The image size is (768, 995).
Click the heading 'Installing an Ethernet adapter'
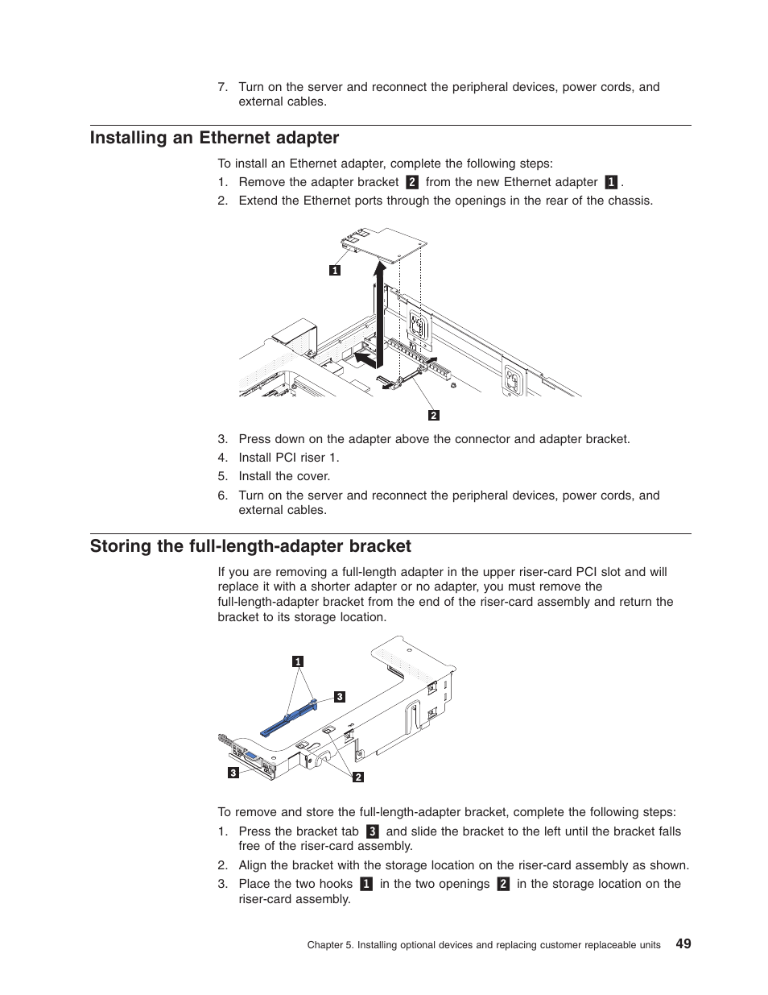[214, 138]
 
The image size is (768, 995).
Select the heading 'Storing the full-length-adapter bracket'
[250, 546]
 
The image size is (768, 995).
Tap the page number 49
[683, 943]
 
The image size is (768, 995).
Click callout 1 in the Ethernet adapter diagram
[335, 271]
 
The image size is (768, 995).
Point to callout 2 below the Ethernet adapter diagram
[434, 416]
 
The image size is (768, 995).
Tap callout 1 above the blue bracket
[298, 661]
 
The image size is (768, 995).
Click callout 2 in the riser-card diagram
[358, 777]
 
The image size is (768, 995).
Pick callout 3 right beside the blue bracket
[340, 697]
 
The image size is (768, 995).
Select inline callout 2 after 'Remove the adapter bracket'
[412, 183]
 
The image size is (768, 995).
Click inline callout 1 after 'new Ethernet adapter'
[611, 183]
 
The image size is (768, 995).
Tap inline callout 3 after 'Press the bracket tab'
[372, 831]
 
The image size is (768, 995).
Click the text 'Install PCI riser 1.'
[288, 458]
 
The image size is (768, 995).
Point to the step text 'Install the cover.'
[284, 476]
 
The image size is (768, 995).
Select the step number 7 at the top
[222, 87]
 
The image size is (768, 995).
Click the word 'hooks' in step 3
[336, 884]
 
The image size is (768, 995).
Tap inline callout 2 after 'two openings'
[503, 884]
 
